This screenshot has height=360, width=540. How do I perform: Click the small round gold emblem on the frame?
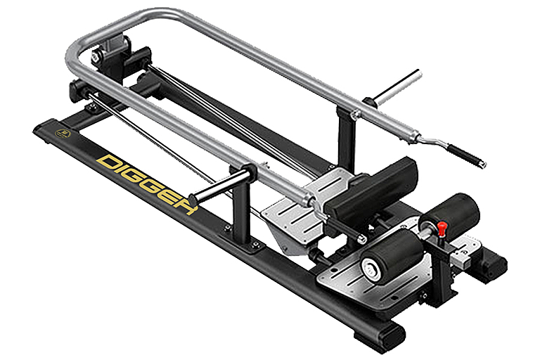point(63,134)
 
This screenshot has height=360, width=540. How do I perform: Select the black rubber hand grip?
point(466,155)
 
